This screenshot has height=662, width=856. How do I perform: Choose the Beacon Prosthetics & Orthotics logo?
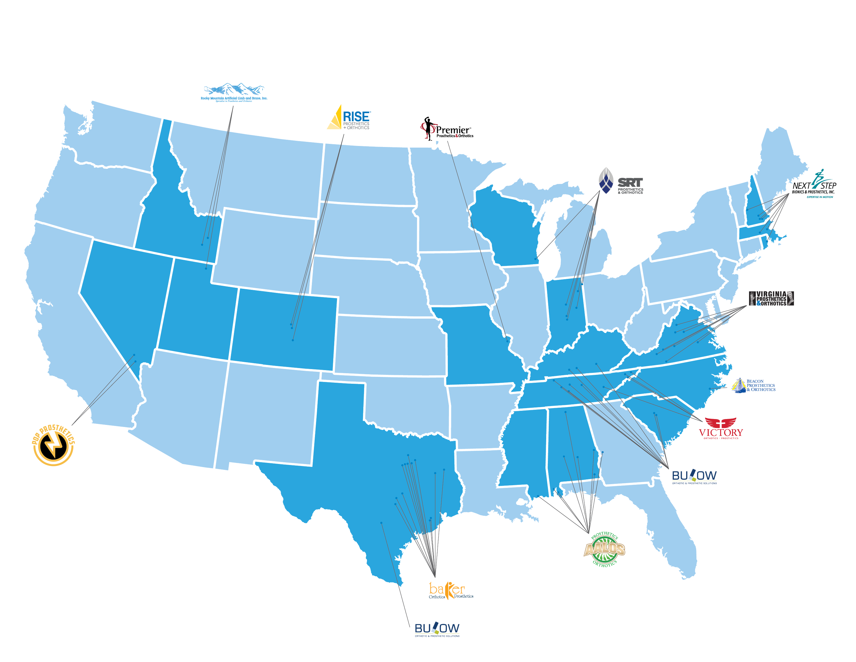pos(754,385)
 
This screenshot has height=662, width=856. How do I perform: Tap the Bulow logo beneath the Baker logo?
pos(437,629)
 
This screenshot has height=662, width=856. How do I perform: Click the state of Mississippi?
pos(523,447)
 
